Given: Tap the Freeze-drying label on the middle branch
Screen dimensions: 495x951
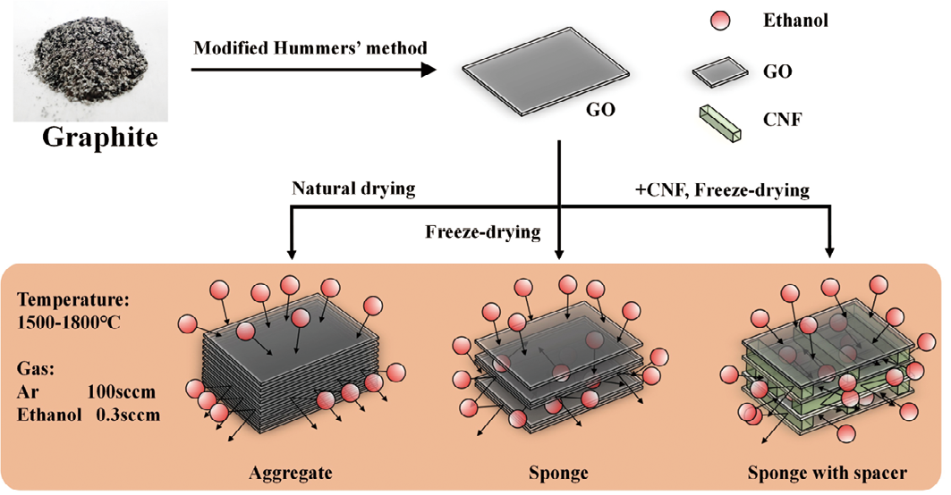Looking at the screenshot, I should (x=483, y=233).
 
